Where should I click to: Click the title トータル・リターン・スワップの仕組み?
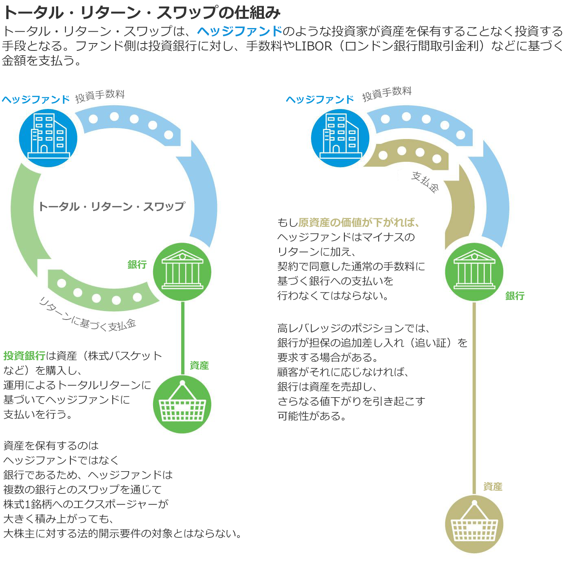[141, 13]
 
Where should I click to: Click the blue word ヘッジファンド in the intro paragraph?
[239, 31]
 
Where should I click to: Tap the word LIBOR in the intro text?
[313, 46]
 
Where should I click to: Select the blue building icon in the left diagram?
[48, 137]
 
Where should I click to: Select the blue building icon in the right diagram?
[340, 137]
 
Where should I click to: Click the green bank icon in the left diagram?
[182, 272]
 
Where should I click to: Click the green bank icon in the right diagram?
[474, 272]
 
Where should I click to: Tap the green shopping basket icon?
[182, 404]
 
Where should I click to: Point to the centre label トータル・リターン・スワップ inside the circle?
[112, 207]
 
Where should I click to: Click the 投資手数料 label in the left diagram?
[100, 96]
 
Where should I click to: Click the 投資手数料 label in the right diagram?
[387, 93]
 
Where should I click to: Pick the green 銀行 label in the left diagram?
[137, 265]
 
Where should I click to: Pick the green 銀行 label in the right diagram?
[515, 296]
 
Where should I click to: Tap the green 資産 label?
[199, 365]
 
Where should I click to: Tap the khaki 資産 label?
[493, 487]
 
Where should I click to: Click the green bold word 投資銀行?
[24, 356]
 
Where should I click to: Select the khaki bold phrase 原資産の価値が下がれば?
[358, 222]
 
